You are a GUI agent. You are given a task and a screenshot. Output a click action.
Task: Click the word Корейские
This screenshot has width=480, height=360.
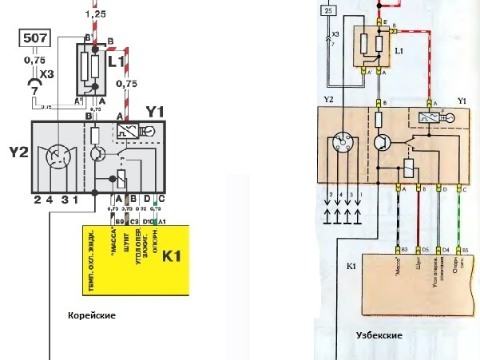[92, 316]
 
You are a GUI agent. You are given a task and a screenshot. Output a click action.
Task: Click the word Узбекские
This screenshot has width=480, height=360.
[379, 336]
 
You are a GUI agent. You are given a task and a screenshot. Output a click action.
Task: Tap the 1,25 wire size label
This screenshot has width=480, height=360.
[95, 14]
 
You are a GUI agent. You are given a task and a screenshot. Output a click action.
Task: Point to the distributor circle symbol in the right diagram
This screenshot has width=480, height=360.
[341, 147]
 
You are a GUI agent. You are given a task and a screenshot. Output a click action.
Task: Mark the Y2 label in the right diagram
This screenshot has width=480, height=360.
[327, 100]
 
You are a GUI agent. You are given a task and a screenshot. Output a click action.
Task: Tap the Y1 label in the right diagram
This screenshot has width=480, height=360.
[461, 101]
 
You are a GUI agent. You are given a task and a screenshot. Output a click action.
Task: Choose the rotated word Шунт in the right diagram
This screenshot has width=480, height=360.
[419, 267]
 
